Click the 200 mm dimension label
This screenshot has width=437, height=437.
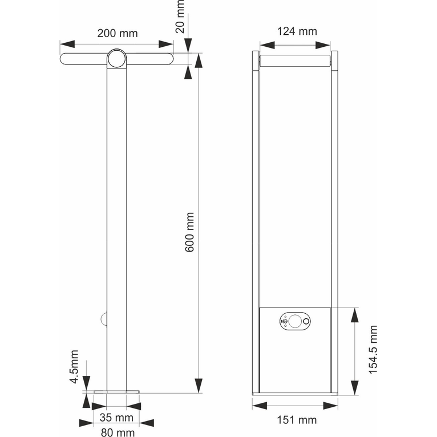point(117,33)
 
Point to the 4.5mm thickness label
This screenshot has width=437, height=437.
point(74,371)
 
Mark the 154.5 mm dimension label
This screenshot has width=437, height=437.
point(373,350)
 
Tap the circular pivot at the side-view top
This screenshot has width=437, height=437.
point(116,58)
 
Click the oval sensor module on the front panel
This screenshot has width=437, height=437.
point(295,321)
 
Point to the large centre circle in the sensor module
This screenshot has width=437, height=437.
point(295,321)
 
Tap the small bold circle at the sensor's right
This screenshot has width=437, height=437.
point(307,322)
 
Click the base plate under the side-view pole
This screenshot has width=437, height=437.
point(116,392)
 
